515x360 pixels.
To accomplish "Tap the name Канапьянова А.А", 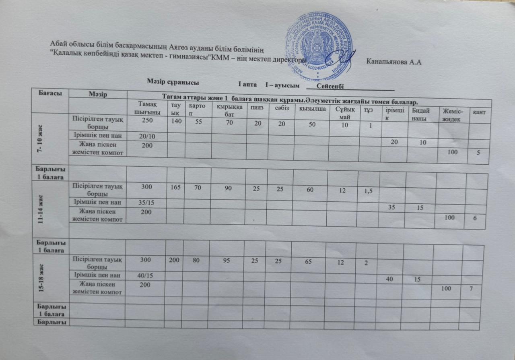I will [394, 62].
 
